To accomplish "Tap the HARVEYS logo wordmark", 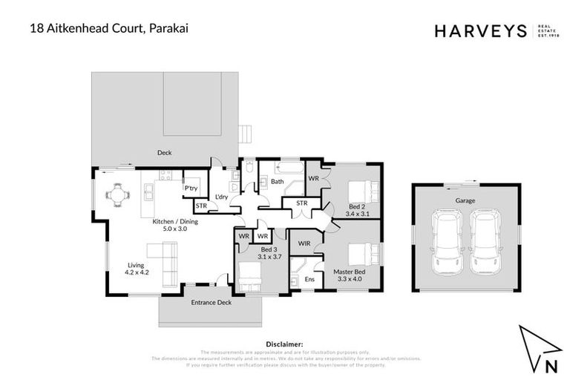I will click(x=480, y=30).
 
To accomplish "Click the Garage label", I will click(x=465, y=200).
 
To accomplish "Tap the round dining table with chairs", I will click(x=117, y=196).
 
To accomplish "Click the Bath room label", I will click(x=277, y=181).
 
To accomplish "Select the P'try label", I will click(x=191, y=189).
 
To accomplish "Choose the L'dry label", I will click(x=221, y=197).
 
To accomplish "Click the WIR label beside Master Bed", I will click(x=304, y=243).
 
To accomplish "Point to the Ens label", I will click(x=309, y=279).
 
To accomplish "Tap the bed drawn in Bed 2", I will click(x=362, y=190).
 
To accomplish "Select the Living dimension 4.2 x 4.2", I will click(x=138, y=272).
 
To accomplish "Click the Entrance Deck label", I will click(x=210, y=303).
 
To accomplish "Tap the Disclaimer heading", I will click(x=284, y=344).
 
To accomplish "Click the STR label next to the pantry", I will click(x=200, y=206).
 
